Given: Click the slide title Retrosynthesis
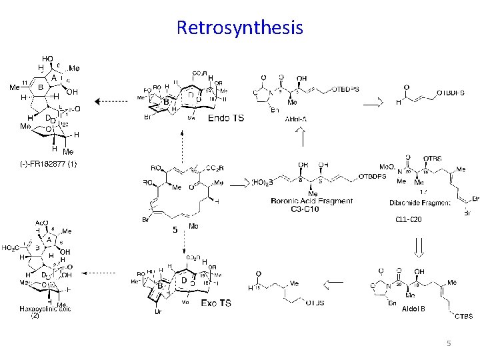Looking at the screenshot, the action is pos(240,27).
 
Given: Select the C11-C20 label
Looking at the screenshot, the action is pos(407,219).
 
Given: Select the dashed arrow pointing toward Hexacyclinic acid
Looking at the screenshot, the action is pos(110,273).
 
